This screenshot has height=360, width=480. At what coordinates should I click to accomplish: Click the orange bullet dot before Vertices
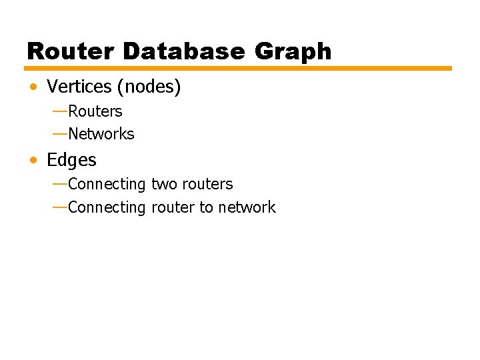tap(33, 87)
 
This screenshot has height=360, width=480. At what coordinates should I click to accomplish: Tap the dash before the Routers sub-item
tap(59, 110)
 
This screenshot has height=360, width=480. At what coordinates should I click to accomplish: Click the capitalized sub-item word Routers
tap(95, 111)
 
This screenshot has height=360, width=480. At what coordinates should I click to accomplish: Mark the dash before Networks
tap(59, 133)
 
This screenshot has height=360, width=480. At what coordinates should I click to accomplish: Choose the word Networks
tap(101, 134)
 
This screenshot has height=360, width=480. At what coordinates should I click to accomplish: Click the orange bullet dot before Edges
tap(33, 161)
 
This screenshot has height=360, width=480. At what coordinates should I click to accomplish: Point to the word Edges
tap(71, 161)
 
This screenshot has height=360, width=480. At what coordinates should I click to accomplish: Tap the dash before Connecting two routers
tap(59, 183)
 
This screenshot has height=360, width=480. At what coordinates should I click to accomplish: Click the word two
tap(165, 184)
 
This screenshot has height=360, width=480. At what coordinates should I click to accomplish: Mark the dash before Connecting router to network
tap(59, 206)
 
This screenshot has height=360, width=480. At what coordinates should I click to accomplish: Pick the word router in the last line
tap(173, 207)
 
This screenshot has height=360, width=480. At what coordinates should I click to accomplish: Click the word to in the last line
tap(206, 207)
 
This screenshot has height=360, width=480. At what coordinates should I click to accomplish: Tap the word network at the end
tap(247, 207)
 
